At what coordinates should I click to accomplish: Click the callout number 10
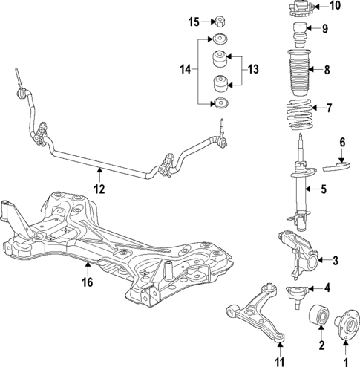pos(334,7)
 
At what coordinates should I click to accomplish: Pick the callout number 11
pos(280,362)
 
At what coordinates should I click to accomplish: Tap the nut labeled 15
pos(220,20)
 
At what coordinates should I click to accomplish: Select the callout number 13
pos(253,69)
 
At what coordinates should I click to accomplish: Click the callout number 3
pos(335,260)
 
